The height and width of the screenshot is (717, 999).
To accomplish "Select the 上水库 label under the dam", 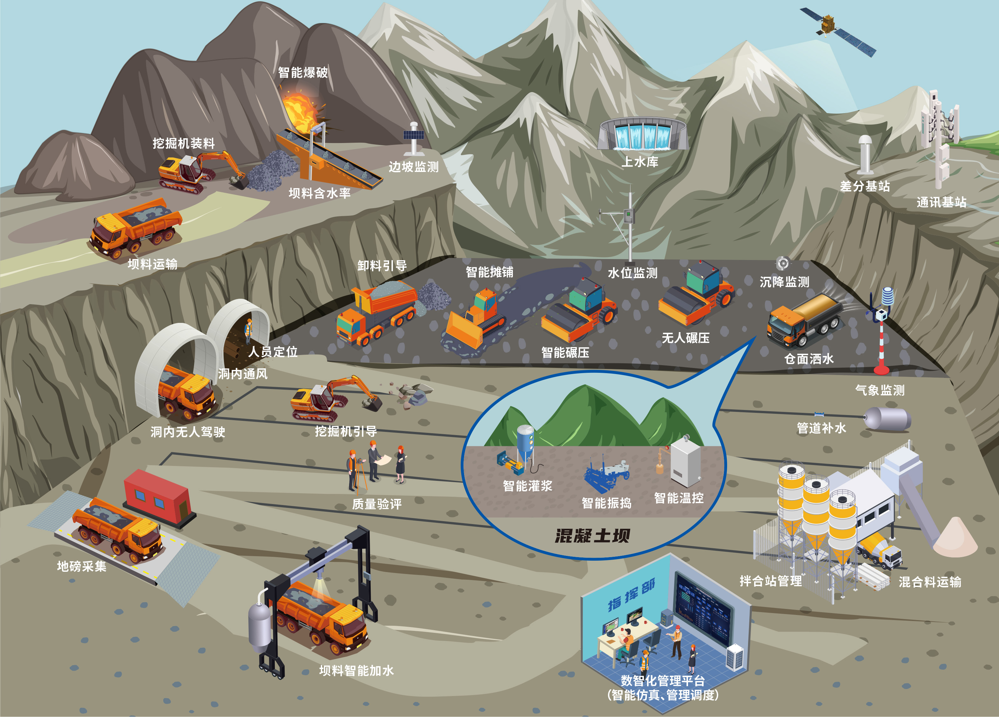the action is coord(640,162).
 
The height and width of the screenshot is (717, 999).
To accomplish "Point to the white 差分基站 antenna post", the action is coord(865,154).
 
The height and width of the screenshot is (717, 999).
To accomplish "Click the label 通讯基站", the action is coord(941,202).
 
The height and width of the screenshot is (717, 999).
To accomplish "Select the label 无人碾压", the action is coord(685,338).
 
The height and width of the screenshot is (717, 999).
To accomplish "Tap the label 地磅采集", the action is coord(82,566).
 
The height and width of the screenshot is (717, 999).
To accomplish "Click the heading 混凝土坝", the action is coord(592,536).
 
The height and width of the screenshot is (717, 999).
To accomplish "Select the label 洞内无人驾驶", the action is coord(188,432).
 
